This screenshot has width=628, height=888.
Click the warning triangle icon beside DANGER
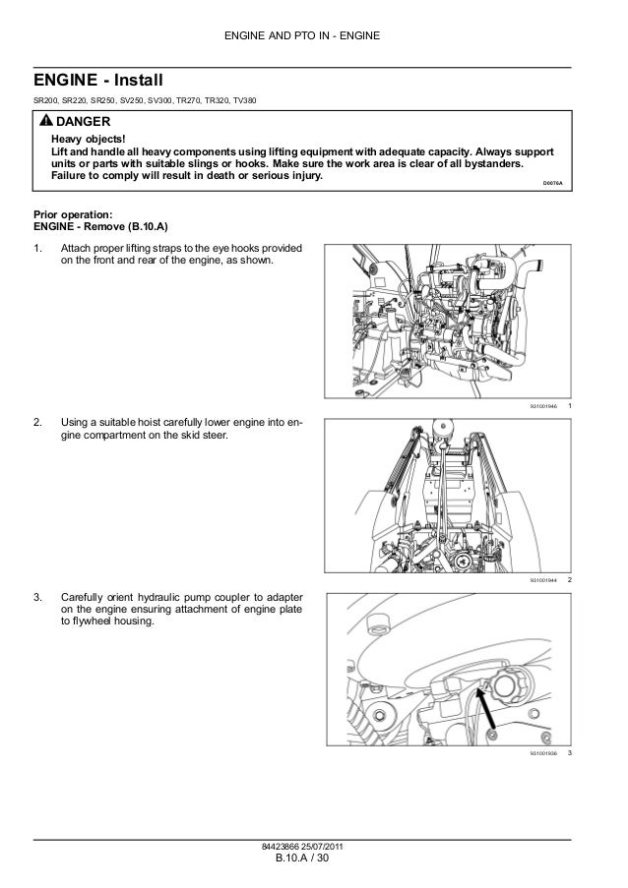point(46,121)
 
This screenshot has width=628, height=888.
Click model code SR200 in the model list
point(46,101)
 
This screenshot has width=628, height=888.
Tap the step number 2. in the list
point(38,423)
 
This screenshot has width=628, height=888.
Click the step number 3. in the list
point(38,597)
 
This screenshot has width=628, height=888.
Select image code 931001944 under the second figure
point(542,581)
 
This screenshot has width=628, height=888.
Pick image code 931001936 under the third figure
point(542,754)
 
